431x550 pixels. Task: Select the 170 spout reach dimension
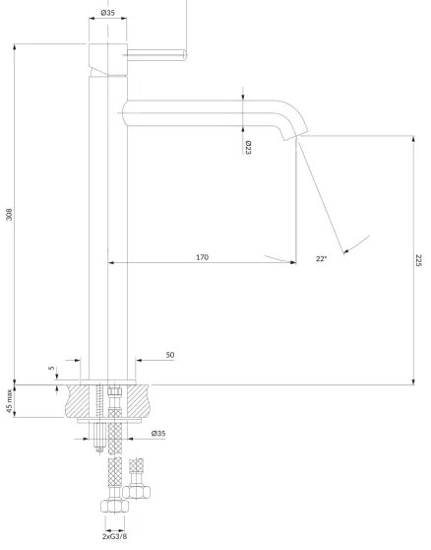202,257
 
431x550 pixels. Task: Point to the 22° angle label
321,259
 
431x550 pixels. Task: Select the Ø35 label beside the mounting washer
157,434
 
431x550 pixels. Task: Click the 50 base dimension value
169,354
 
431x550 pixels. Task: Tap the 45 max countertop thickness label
9,401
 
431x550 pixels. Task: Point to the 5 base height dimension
52,371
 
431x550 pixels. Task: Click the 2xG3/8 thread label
114,537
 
